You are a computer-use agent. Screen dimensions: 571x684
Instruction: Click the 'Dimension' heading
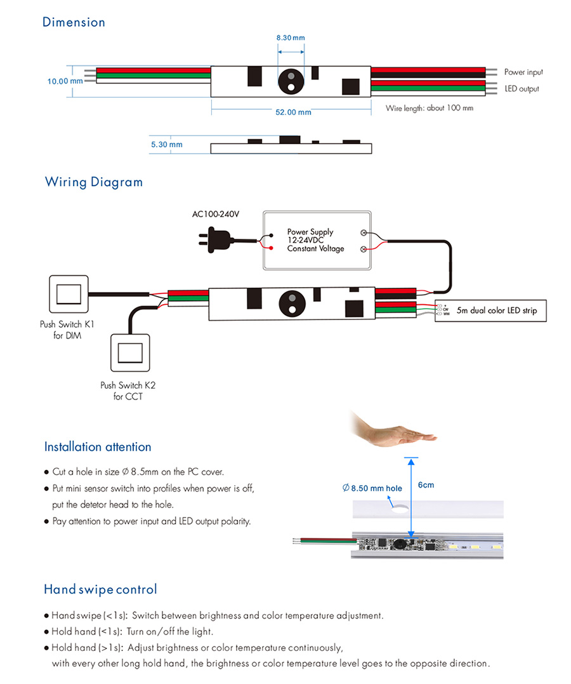74,22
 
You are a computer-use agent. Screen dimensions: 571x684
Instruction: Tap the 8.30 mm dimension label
291,38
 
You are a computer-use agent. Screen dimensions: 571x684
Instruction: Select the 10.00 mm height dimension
65,81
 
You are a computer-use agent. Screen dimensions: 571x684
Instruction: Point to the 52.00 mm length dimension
293,112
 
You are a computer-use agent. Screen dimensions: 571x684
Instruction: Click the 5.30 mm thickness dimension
167,144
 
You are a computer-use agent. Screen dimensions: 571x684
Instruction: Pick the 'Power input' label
523,72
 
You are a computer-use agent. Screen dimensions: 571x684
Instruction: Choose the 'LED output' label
522,88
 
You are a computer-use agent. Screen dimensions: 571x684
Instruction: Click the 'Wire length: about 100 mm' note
430,108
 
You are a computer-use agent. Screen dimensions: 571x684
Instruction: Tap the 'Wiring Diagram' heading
94,182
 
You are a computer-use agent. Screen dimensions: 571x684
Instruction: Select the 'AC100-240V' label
216,214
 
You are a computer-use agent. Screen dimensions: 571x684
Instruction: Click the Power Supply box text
315,240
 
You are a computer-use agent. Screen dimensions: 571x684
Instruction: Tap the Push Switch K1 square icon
69,294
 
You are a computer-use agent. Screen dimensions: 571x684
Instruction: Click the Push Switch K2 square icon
130,353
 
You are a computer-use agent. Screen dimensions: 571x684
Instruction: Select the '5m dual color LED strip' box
490,311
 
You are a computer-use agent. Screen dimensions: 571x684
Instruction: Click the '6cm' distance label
426,485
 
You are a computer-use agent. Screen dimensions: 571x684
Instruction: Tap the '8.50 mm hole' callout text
372,488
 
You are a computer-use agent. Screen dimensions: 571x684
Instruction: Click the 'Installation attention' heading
98,446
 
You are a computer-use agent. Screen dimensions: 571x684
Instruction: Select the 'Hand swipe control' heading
100,589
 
